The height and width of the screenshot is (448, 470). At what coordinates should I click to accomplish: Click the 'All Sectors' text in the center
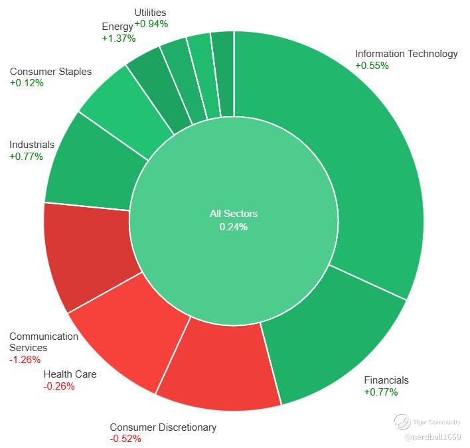click(234, 214)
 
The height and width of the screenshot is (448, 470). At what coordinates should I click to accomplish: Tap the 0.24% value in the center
click(234, 227)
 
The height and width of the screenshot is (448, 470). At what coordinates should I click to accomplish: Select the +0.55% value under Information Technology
click(372, 65)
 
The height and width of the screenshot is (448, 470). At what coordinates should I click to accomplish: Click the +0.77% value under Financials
click(381, 392)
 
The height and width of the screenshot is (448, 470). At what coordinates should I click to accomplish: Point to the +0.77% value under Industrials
click(27, 157)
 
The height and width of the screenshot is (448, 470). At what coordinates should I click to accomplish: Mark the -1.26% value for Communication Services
click(25, 360)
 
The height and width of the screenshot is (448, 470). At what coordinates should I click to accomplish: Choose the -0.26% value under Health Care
click(59, 386)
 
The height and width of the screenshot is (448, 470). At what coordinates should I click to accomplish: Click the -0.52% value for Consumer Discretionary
click(125, 439)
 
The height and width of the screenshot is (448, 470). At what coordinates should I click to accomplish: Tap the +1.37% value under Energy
click(119, 38)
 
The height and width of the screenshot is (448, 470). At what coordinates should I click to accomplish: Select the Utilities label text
click(150, 13)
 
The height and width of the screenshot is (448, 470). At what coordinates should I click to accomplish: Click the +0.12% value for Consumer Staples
click(27, 83)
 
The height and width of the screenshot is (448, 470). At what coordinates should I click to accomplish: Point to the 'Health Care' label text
click(70, 374)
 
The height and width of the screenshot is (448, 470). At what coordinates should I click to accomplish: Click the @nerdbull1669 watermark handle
click(433, 437)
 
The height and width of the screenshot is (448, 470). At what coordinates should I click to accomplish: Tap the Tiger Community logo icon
click(402, 422)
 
